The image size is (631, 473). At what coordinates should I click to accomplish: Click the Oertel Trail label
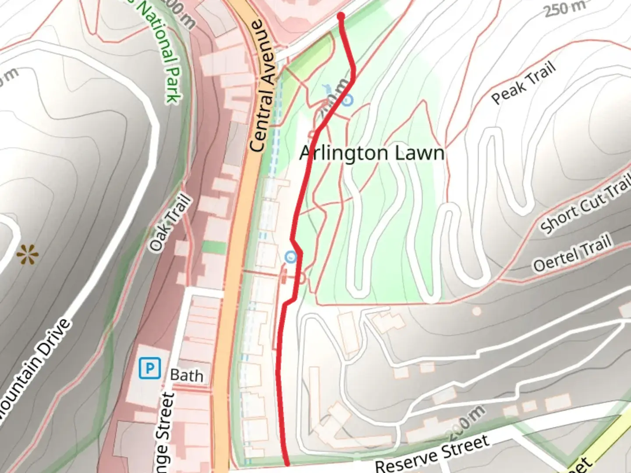tap(572, 254)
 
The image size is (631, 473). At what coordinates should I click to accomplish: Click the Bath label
tap(187, 376)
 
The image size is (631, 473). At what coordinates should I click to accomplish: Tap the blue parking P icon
tap(149, 368)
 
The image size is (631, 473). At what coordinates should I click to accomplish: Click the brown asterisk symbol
tap(27, 254)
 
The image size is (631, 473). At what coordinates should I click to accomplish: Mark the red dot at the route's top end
tap(340, 16)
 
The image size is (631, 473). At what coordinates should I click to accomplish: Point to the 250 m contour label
tap(565, 8)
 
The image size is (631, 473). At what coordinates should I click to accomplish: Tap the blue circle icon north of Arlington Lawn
tap(347, 100)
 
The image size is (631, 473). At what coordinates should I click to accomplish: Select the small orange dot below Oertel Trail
tap(476, 311)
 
